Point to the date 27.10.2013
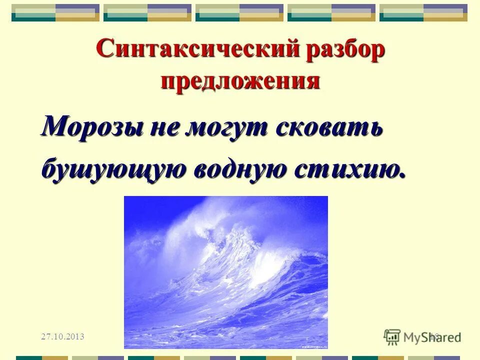(62, 336)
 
